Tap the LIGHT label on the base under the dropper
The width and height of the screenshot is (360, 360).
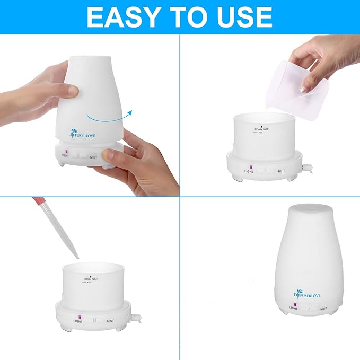point(78,321)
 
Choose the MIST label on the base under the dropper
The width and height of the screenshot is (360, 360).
point(110,321)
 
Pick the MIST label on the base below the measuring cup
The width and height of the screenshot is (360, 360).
point(281,171)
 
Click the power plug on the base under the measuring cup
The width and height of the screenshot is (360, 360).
point(306,167)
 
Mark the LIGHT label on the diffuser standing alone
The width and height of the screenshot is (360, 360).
point(293,308)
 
